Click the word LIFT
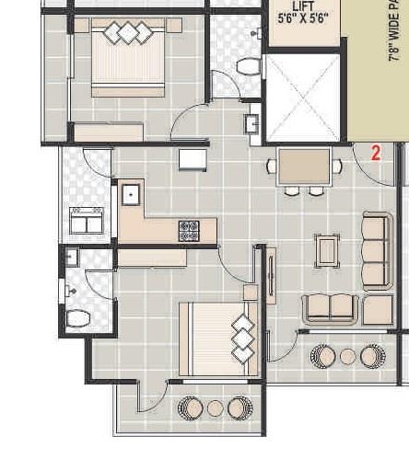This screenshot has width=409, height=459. pos(302,6)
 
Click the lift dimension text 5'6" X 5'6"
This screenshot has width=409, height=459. pos(303,21)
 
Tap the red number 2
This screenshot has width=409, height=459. pos(375,153)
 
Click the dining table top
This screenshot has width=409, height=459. pos(303,166)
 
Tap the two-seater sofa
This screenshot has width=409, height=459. pos(331,308)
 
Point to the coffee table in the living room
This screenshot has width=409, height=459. pos(327,249)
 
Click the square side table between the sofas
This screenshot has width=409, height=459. pos(377,309)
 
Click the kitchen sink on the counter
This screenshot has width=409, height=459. pos(131,195)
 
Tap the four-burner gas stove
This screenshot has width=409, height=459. pos(189,230)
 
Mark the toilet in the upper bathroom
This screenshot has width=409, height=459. pos(247,66)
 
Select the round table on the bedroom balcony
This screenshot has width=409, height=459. pos(215,407)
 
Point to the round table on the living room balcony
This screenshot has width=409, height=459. pos(347,355)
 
